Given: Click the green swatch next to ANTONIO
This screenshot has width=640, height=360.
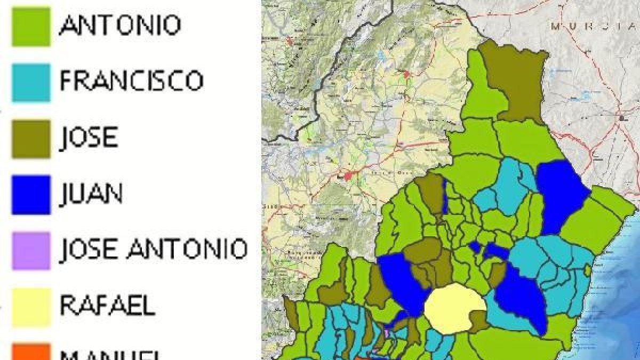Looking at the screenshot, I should pos(31,26).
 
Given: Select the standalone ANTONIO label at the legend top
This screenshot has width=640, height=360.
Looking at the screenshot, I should pos(120,25).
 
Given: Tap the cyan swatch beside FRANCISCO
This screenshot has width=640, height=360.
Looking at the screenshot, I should pos(31,83).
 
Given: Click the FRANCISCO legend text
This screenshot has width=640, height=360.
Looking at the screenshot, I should pos(131,81).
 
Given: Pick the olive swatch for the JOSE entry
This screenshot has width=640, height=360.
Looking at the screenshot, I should pos(31,139).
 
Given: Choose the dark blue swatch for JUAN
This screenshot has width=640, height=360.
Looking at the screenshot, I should pos(31,195).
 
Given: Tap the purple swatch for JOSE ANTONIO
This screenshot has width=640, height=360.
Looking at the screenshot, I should pos(31,251).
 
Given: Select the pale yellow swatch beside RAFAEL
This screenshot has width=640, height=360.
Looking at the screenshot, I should pos(31,307).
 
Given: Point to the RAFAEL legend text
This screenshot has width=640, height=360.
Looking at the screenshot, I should pos(107,306).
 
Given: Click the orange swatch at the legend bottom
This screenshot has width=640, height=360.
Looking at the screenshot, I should pos(31,352).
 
